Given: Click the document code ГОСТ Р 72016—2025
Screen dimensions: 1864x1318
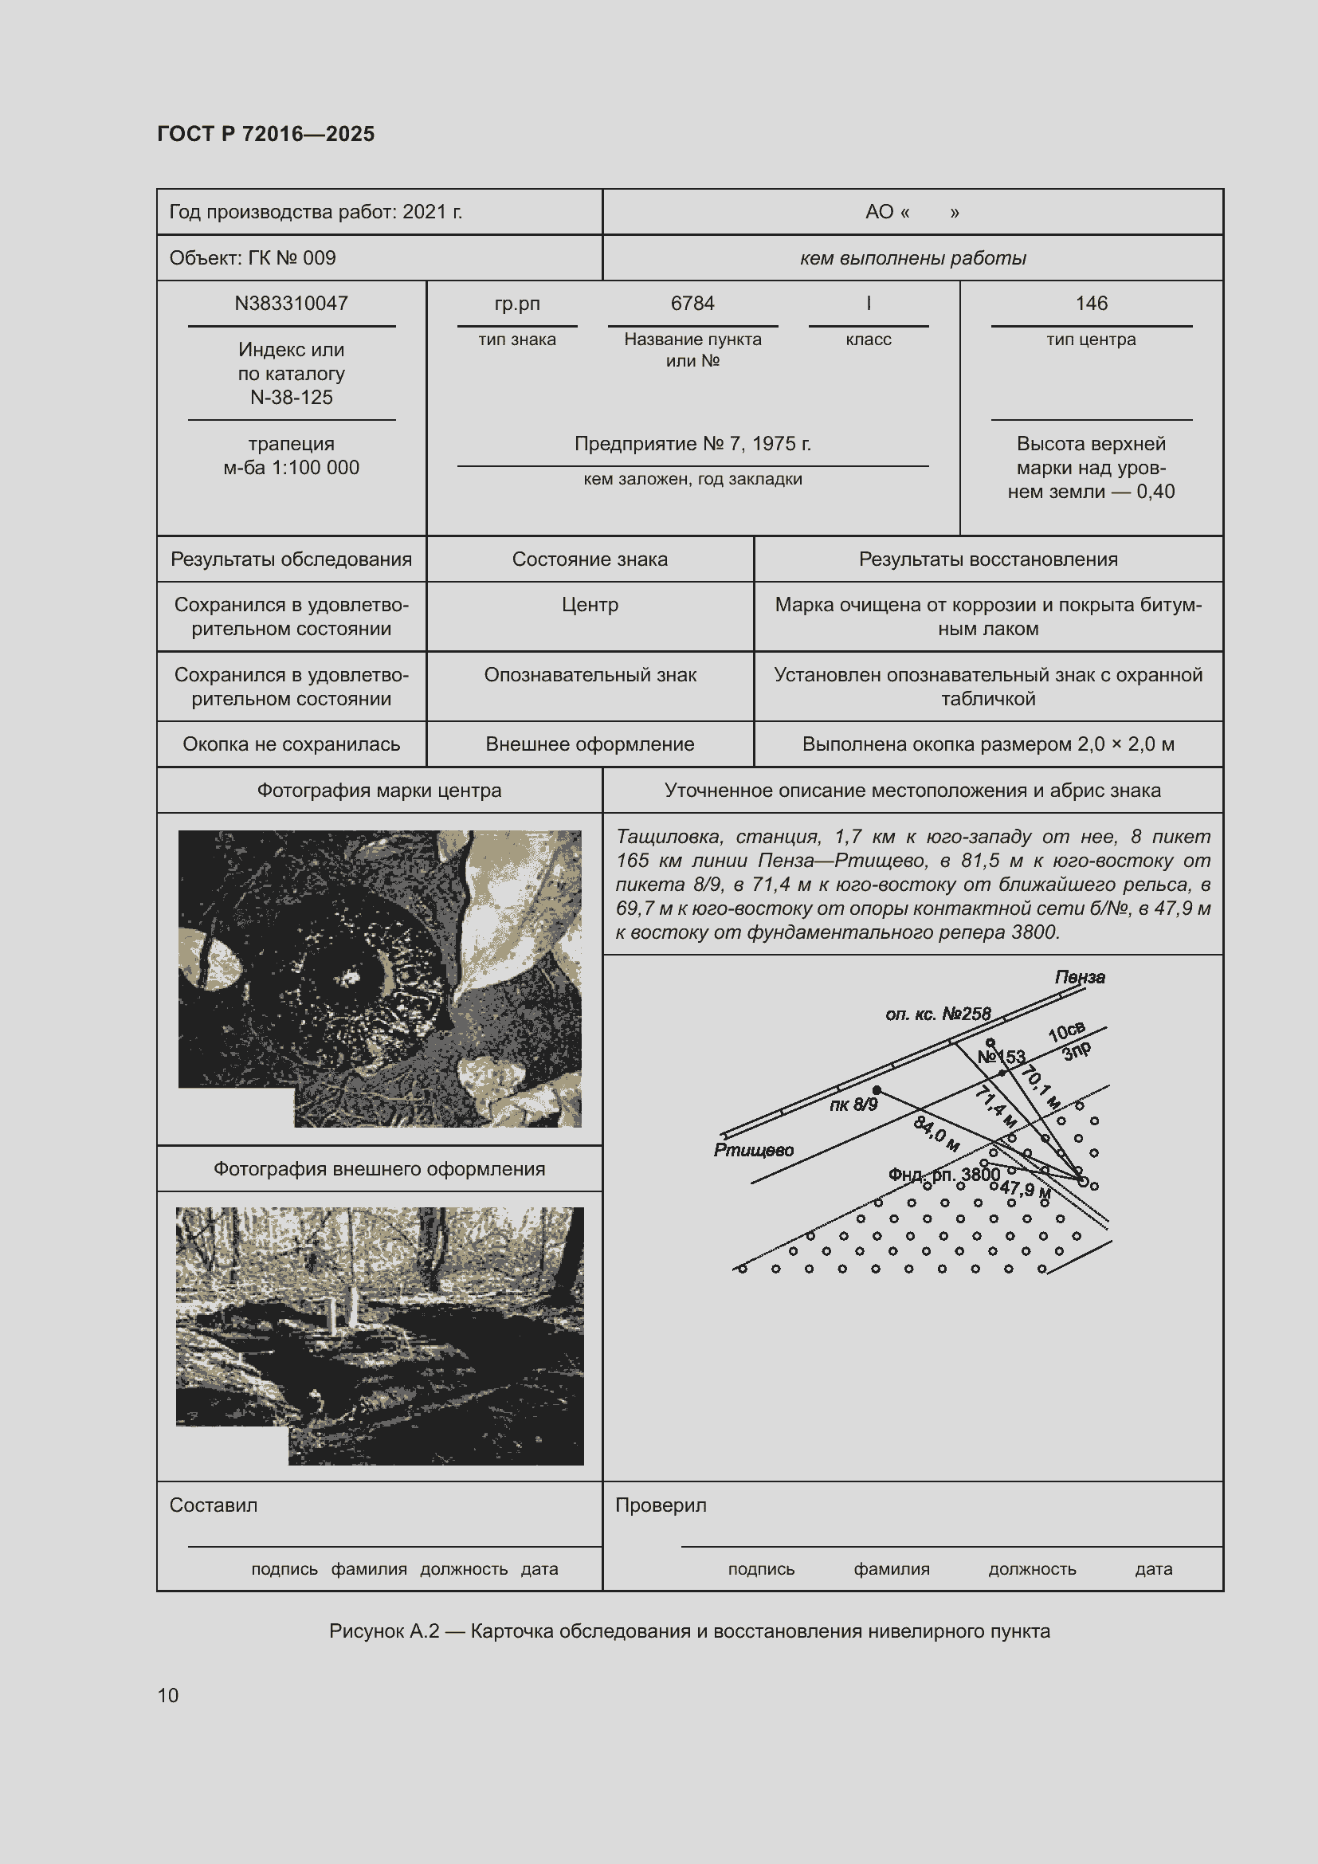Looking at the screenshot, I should coord(265,134).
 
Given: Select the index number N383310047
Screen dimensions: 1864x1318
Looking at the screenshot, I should coord(292,304).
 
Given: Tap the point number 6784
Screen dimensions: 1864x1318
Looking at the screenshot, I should coord(692,304).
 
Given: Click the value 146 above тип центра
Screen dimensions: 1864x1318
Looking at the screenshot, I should coord(1091,304).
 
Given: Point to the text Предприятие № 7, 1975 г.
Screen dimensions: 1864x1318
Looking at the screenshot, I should coord(692,444).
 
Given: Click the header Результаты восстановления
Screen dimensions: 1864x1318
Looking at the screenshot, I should coord(987,559).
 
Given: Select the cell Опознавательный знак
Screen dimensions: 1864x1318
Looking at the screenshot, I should coord(590,676).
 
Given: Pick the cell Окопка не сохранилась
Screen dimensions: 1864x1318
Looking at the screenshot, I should coord(292,744).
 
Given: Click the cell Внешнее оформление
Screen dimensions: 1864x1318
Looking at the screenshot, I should coord(590,744).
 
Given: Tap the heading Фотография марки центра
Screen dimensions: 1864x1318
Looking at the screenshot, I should coord(379,791).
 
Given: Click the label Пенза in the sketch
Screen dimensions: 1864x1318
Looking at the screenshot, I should coord(1080,978).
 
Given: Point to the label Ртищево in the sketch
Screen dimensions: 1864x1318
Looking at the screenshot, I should coord(753,1151).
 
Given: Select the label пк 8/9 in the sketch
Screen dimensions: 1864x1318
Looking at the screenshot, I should coord(853,1105).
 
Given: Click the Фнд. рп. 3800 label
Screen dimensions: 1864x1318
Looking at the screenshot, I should coord(943,1175).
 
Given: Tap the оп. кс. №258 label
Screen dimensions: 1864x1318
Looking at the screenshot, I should coord(938,1014).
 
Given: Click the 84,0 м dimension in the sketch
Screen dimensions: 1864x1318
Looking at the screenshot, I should coord(936,1132).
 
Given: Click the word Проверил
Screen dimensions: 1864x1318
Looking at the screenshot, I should coord(661,1505).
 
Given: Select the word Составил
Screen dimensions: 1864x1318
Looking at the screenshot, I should coord(214,1505).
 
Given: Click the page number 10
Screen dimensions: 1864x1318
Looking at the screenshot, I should coord(168,1695).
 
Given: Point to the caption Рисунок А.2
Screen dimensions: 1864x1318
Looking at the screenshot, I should coord(384,1631).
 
